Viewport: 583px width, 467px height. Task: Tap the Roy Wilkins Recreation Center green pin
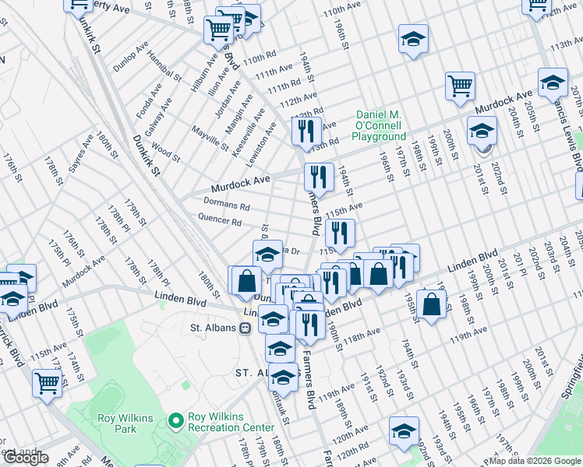pos(176,421)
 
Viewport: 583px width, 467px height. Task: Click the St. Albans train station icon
pos(245,328)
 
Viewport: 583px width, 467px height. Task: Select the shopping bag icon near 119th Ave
pos(432,305)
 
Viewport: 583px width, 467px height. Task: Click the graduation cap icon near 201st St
pos(482,131)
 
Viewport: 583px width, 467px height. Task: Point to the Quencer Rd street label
pos(221,222)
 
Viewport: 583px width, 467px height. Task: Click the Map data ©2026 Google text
pos(535,460)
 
